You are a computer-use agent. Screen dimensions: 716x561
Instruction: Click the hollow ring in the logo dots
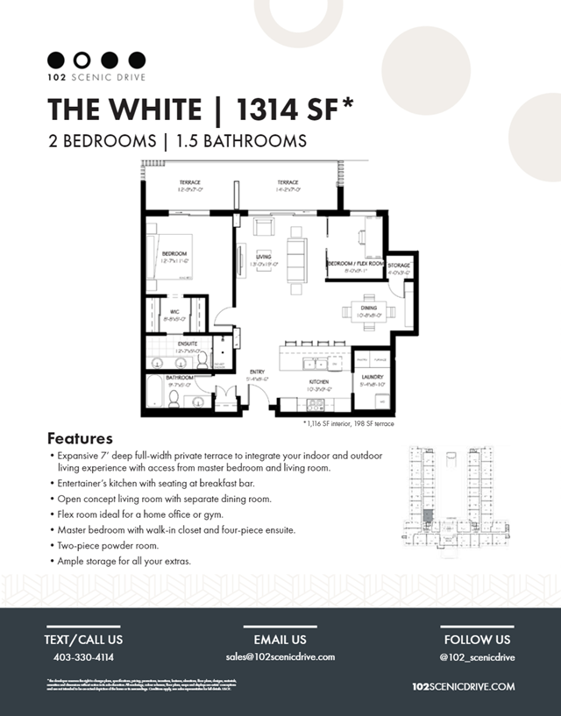82,60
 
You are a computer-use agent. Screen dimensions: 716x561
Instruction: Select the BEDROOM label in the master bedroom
175,254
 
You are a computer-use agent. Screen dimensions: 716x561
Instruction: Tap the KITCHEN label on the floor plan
317,384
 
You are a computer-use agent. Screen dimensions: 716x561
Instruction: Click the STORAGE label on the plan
399,266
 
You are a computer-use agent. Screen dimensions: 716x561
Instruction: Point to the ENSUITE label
188,344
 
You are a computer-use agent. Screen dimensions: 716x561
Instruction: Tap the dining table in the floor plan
368,311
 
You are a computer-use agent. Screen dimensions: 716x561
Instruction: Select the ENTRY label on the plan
257,372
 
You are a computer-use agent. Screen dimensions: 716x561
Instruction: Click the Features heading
80,438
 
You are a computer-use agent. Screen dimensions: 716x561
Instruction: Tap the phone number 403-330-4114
83,657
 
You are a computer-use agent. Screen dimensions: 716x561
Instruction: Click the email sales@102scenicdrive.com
280,657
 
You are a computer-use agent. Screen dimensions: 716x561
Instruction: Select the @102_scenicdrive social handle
477,657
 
